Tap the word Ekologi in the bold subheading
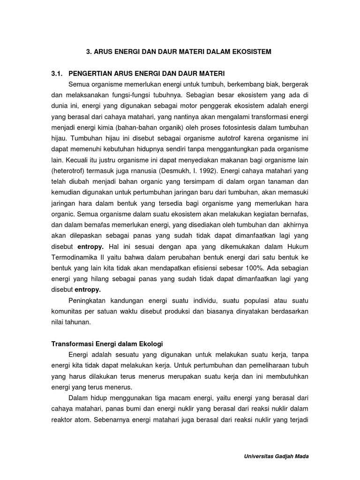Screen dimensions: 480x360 pyautogui.click(x=150, y=344)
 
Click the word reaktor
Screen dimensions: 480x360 pyautogui.click(x=63, y=420)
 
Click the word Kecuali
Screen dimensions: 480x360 pyautogui.click(x=77, y=160)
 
